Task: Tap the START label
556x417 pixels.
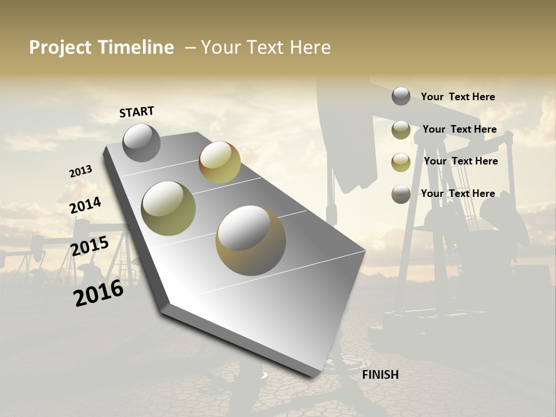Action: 137,112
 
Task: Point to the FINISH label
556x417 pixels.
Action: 380,375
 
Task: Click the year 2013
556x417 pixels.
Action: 81,171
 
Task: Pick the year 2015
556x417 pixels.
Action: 89,246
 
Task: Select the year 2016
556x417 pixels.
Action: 98,292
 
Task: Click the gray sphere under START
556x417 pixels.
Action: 141,142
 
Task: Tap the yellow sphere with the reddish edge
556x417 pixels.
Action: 220,162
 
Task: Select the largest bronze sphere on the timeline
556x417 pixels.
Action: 251,240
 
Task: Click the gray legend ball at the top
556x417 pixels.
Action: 401,96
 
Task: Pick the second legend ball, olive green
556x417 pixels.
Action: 401,130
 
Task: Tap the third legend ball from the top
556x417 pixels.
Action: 401,162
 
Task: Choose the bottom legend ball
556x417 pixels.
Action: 401,194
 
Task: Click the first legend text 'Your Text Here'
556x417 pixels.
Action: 458,97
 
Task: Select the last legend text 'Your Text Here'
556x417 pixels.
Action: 458,193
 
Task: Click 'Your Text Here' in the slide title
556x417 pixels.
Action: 266,47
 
